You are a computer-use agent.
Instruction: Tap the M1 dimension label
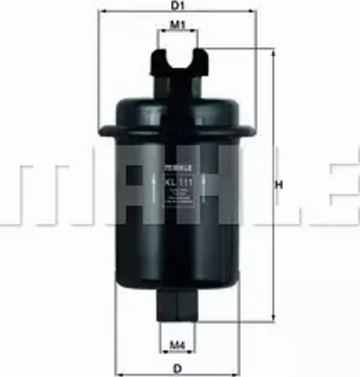click(177, 25)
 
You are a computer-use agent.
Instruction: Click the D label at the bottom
click(177, 369)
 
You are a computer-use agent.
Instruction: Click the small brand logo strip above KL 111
click(178, 168)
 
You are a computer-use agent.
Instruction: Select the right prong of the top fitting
click(200, 60)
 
